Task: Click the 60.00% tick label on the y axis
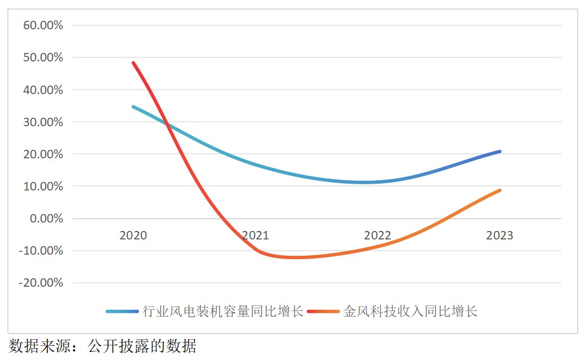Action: point(43,25)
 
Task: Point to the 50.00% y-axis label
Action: point(43,57)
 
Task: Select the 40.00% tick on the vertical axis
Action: point(43,90)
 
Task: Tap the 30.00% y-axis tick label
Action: point(43,122)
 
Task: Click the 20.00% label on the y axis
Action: point(43,154)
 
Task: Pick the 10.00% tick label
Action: point(43,186)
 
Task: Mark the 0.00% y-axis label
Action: point(46,219)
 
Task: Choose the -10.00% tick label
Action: point(41,251)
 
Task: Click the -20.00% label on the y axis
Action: point(41,283)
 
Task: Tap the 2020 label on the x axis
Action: point(133,235)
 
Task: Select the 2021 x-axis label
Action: point(255,235)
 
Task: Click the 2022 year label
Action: point(377,235)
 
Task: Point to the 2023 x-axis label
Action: point(499,235)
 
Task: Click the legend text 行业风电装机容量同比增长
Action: point(223,312)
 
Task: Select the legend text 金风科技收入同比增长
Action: point(410,312)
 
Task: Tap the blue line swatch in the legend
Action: point(122,312)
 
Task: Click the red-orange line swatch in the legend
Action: point(323,312)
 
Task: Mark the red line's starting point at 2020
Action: point(133,63)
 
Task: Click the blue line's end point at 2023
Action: point(499,152)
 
